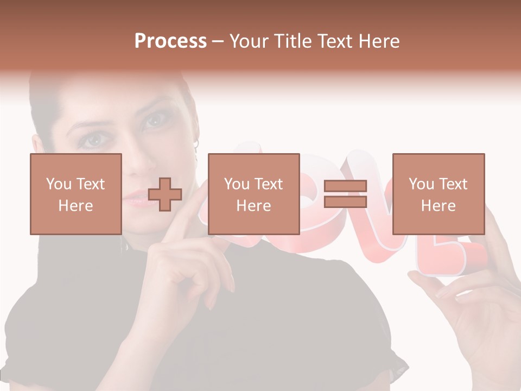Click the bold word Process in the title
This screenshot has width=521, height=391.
point(170,41)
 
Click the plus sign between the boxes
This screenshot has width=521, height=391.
point(165,194)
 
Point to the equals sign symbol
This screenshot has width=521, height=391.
point(345,194)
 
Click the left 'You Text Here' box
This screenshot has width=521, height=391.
point(75,194)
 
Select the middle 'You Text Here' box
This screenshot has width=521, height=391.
point(253,194)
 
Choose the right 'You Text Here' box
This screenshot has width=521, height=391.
point(438,194)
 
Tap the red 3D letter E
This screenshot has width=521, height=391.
point(450,255)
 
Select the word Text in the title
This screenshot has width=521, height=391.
point(332,41)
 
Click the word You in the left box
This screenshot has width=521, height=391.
point(58,184)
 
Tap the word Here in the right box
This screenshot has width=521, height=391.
point(438,205)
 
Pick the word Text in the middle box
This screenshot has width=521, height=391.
point(269,184)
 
